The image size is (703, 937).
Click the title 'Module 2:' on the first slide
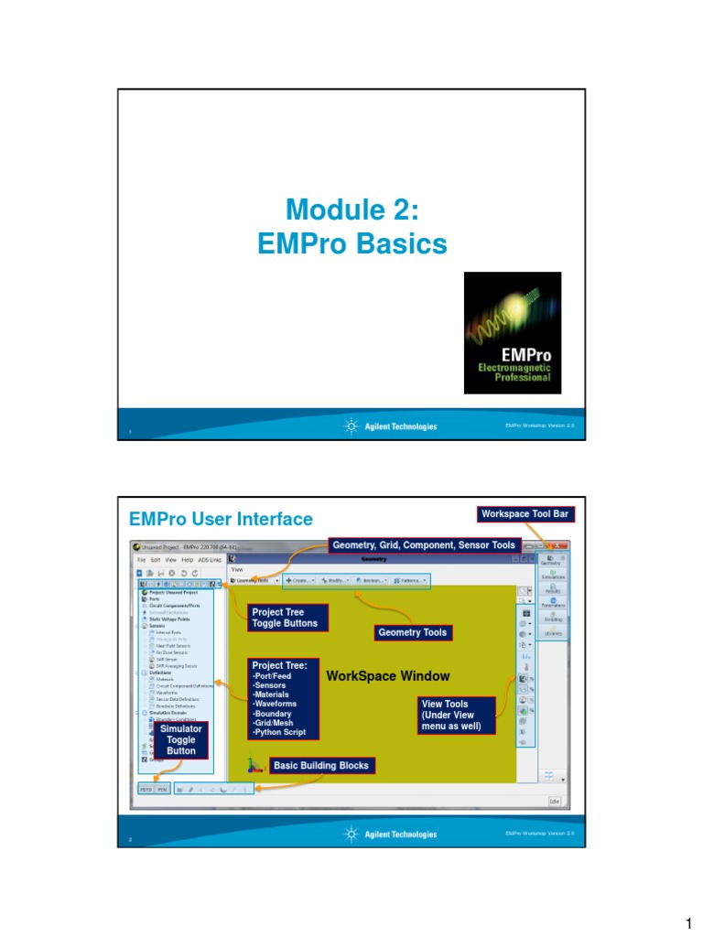coord(351,210)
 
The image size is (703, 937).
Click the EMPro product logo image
coord(513,333)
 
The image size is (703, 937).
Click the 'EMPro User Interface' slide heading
coord(221,519)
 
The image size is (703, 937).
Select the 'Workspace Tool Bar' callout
coord(525,514)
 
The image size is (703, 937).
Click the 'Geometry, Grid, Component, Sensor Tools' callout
coord(425,545)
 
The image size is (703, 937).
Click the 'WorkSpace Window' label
coord(387,676)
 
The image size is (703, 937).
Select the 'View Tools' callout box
coord(456,716)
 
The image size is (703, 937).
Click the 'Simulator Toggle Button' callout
coord(180,739)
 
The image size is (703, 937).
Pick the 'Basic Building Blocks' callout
coord(321,765)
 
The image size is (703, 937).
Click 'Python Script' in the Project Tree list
coord(278,734)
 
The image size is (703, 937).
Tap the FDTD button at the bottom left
coord(146,788)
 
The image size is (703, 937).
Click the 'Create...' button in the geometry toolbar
coord(300,580)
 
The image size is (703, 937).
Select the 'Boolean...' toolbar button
coord(371,580)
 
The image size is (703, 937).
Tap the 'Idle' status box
coord(555,801)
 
